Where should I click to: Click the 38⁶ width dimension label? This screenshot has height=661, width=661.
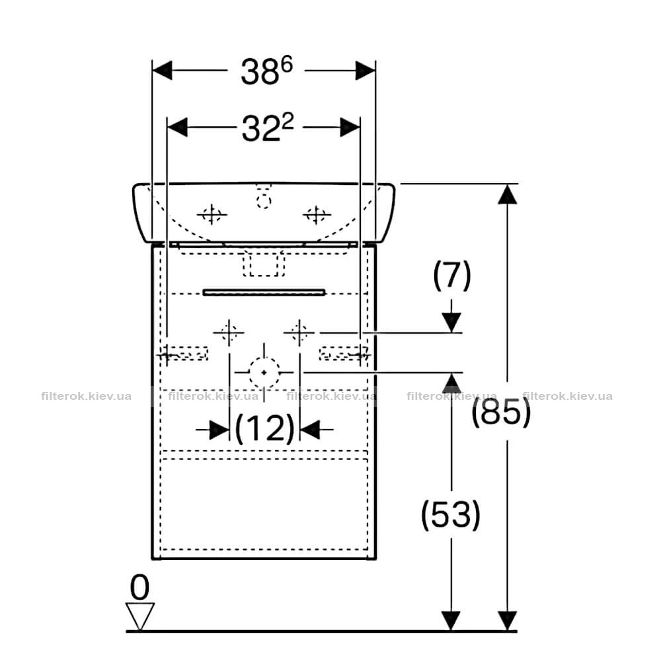(x=266, y=71)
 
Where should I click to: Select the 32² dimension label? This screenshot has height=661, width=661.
(x=268, y=128)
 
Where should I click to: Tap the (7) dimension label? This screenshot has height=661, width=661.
(x=452, y=275)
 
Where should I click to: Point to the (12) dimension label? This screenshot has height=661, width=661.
(x=264, y=428)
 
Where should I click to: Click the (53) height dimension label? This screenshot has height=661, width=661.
(x=451, y=515)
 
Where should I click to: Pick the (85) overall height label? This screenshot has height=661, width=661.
(x=501, y=411)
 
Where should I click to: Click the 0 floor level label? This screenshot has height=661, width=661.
(x=139, y=587)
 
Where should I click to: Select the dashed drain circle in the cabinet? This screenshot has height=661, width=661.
(x=264, y=373)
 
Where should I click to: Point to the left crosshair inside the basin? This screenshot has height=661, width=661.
(x=212, y=215)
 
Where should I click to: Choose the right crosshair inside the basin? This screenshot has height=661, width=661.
(x=316, y=215)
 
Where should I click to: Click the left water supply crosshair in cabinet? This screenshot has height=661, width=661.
(x=229, y=332)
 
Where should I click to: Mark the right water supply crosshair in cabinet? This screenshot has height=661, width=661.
(x=299, y=332)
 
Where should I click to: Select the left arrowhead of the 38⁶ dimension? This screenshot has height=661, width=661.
(x=162, y=71)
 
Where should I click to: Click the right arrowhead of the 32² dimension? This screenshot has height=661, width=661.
(x=350, y=127)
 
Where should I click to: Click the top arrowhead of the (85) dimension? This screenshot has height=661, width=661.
(x=507, y=194)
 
